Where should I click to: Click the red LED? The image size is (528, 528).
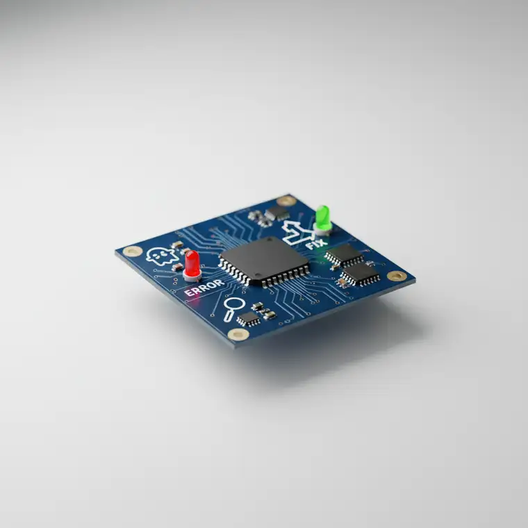[x=192, y=263]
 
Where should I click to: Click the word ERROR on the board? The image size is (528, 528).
[x=204, y=288]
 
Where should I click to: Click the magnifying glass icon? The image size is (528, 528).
[x=233, y=308]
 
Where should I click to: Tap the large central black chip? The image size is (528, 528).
[x=265, y=261]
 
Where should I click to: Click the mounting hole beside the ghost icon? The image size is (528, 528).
[x=133, y=251]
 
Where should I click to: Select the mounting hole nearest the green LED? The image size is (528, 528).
[x=286, y=201]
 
